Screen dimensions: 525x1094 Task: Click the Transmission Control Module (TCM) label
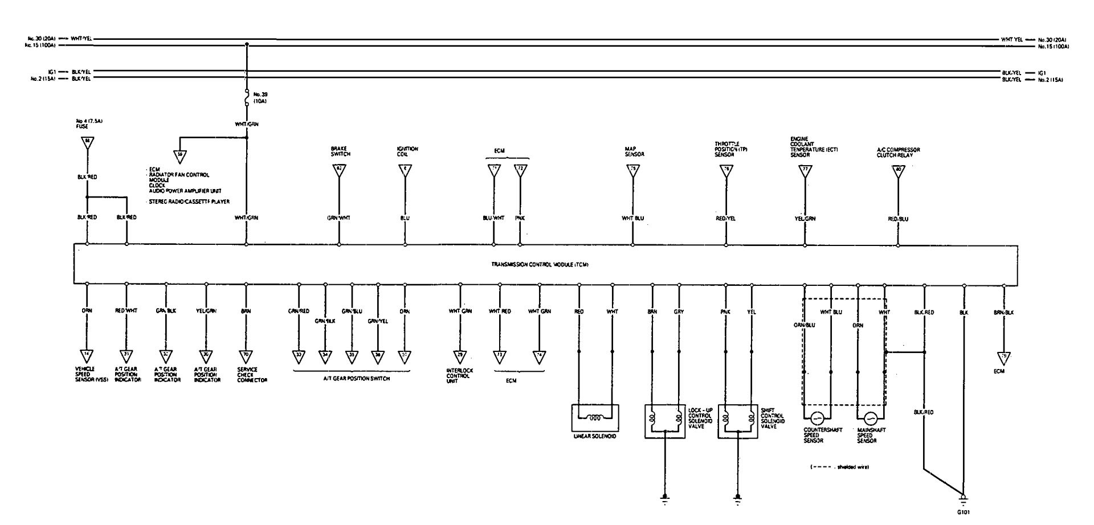pyautogui.click(x=540, y=265)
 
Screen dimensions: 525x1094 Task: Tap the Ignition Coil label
pyautogui.click(x=407, y=151)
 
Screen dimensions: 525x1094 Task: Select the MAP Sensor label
pyautogui.click(x=634, y=151)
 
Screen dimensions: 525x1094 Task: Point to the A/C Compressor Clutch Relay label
pyautogui.click(x=899, y=153)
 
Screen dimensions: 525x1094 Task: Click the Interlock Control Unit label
pyautogui.click(x=460, y=375)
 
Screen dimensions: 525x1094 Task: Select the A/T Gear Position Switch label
pyautogui.click(x=352, y=379)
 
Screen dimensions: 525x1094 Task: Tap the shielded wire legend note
pyautogui.click(x=840, y=467)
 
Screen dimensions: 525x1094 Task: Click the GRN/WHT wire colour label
pyautogui.click(x=339, y=218)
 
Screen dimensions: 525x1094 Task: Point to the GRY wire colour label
pyautogui.click(x=679, y=312)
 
